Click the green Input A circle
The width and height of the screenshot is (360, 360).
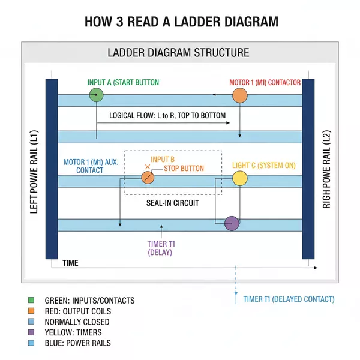pyautogui.click(x=96, y=95)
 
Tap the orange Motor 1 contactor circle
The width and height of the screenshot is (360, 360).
pyautogui.click(x=240, y=95)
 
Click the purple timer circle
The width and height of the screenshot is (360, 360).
pyautogui.click(x=232, y=223)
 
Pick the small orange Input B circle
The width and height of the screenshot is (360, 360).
pyautogui.click(x=148, y=178)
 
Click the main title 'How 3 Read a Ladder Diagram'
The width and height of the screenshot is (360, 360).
pyautogui.click(x=180, y=22)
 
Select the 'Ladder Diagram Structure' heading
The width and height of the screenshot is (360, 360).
pyautogui.click(x=178, y=52)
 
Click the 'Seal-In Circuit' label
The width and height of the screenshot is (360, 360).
pyautogui.click(x=173, y=203)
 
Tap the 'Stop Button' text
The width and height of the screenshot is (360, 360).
pyautogui.click(x=184, y=169)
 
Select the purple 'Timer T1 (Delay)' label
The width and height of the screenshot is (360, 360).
pyautogui.click(x=160, y=248)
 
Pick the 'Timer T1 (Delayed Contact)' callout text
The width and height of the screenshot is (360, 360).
pyautogui.click(x=289, y=299)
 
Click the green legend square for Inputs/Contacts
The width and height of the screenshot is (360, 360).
pyautogui.click(x=31, y=300)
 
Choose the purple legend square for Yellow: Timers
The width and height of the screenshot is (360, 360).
pyautogui.click(x=31, y=332)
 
